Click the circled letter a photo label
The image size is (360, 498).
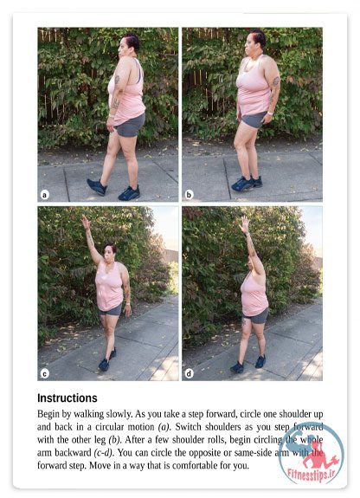point(45,195)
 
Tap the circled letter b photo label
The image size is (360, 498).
point(189,195)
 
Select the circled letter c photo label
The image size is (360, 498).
point(45,374)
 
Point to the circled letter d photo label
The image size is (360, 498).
point(190,374)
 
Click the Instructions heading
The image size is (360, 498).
point(67,398)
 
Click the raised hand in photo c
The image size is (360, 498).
point(85,222)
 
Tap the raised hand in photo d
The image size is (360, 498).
point(244,224)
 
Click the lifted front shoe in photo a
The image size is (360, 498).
point(97,187)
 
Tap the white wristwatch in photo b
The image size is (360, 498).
point(270,113)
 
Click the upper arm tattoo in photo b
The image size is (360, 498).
point(276,81)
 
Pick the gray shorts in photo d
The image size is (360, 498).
point(256,315)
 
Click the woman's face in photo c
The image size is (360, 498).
point(109,253)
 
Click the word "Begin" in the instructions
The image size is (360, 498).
point(48,414)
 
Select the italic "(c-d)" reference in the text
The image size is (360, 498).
point(103,452)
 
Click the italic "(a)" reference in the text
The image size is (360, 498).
point(164,426)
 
